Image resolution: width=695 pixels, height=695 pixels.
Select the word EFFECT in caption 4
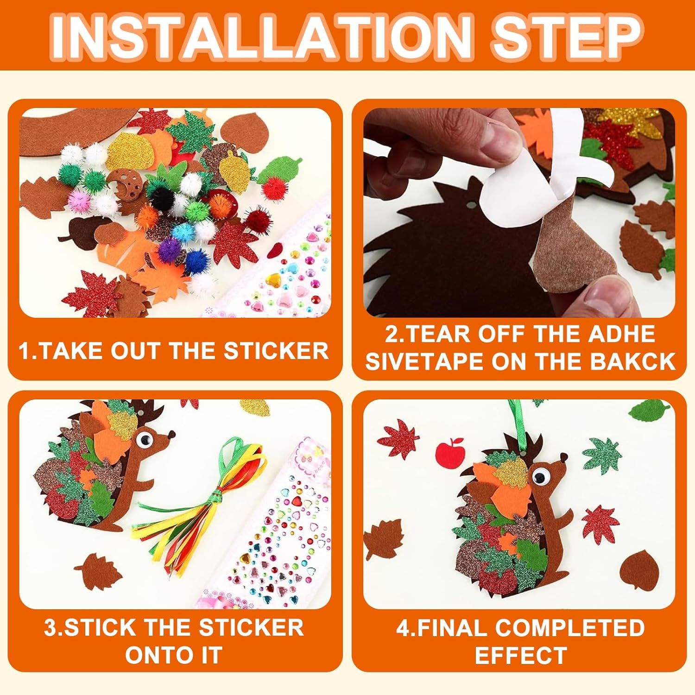tap(521, 656)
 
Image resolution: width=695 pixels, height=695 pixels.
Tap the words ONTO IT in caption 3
tap(174, 656)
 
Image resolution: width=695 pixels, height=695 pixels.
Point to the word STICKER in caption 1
tap(277, 350)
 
